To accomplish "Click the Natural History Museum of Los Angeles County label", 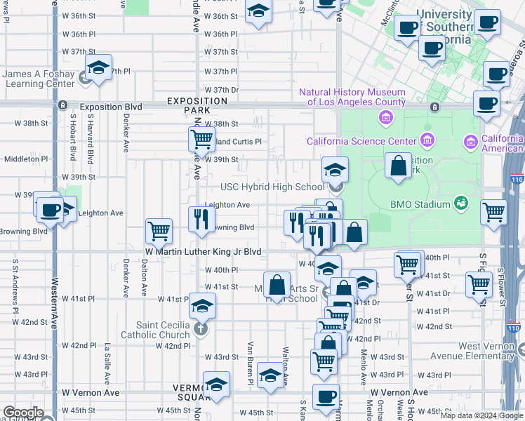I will pyautogui.click(x=352, y=97).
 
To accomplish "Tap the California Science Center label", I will pyautogui.click(x=357, y=141).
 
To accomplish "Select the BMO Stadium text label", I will pyautogui.click(x=420, y=204).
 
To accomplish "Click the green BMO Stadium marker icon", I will pyautogui.click(x=460, y=203).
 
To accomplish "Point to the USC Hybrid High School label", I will pyautogui.click(x=272, y=187).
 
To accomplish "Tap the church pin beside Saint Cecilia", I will pyautogui.click(x=200, y=329).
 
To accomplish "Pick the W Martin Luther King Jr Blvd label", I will pyautogui.click(x=203, y=251).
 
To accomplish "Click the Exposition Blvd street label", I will pyautogui.click(x=111, y=107).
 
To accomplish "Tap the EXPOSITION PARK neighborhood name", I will pyautogui.click(x=197, y=106).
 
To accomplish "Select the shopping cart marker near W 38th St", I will pyautogui.click(x=201, y=139).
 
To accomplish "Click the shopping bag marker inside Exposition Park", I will pyautogui.click(x=398, y=167).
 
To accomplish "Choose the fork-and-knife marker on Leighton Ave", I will pyautogui.click(x=201, y=219).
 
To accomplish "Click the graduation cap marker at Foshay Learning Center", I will pyautogui.click(x=99, y=68).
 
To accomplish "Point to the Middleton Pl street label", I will pyautogui.click(x=25, y=159).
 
